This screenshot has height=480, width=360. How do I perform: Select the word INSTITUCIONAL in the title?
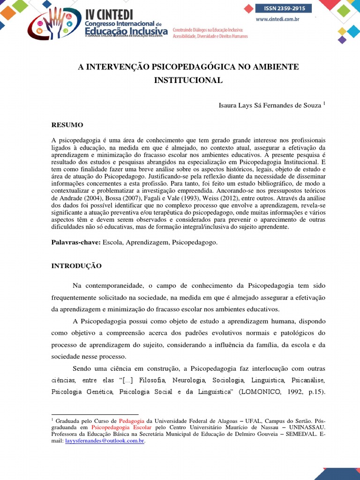click(188, 80)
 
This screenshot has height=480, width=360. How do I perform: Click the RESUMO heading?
click(67, 125)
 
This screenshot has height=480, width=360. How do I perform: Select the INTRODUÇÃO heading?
click(76, 266)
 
